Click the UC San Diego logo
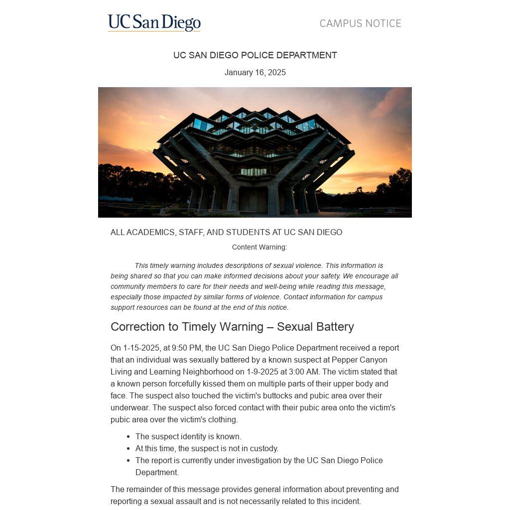click(x=154, y=23)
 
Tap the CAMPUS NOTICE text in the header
click(x=360, y=23)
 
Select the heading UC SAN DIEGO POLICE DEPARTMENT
click(x=255, y=55)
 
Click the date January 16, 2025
click(x=255, y=73)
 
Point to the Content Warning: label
click(x=259, y=247)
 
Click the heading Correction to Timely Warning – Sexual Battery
click(x=232, y=327)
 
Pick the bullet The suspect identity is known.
click(x=188, y=437)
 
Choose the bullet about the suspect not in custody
click(x=207, y=449)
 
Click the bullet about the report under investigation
click(x=259, y=461)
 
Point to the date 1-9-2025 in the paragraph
click(x=262, y=372)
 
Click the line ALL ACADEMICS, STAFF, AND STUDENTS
click(x=226, y=233)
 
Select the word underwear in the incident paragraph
click(x=129, y=408)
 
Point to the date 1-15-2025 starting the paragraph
click(x=141, y=348)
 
